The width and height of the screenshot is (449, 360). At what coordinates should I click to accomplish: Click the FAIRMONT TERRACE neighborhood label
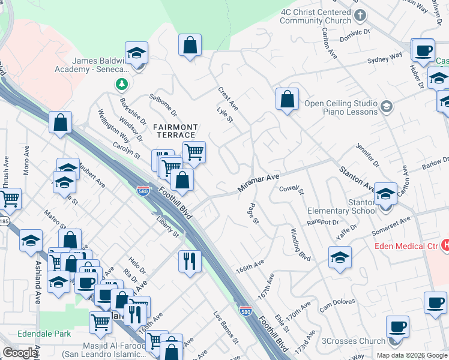click(175, 131)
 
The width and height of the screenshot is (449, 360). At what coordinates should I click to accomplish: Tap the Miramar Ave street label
click(258, 183)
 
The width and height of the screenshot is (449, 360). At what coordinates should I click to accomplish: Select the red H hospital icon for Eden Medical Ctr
click(445, 245)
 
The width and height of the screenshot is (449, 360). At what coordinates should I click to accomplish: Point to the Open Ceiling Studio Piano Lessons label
click(340, 107)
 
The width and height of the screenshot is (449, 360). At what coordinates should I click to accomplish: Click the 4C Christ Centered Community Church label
click(315, 16)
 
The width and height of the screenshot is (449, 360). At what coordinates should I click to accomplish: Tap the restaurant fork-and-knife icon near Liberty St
click(189, 261)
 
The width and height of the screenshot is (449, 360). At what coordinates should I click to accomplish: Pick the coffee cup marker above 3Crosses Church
click(397, 326)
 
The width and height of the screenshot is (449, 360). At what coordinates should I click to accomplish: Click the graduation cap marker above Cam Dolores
click(340, 257)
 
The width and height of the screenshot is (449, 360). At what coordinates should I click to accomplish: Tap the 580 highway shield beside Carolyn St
click(143, 190)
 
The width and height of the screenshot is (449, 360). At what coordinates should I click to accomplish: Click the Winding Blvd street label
click(300, 244)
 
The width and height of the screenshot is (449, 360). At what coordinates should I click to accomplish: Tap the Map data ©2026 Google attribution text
click(412, 355)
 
